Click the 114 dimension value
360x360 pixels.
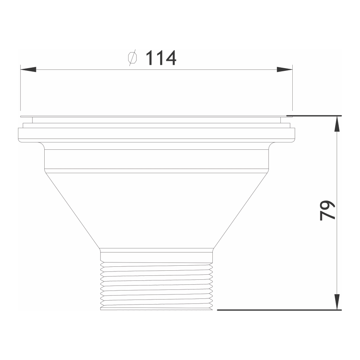pyautogui.click(x=161, y=58)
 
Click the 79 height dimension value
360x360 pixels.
pyautogui.click(x=327, y=210)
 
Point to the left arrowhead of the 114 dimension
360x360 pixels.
pyautogui.click(x=28, y=69)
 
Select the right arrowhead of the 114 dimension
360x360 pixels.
pyautogui.click(x=285, y=69)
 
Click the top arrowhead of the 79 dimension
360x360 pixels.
pyautogui.click(x=337, y=124)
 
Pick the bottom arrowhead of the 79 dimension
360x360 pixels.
pyautogui.click(x=337, y=302)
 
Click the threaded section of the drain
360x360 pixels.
pyautogui.click(x=157, y=286)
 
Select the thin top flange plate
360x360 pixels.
pyautogui.click(x=157, y=116)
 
